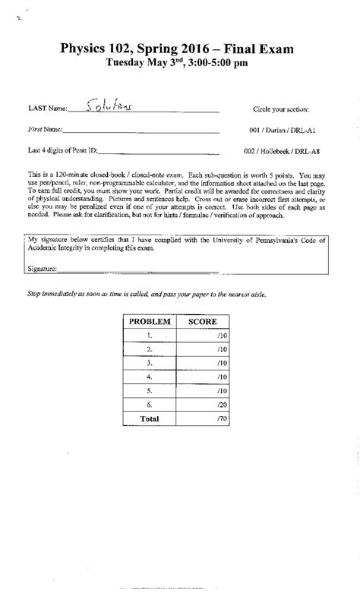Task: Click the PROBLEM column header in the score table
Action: coord(149,322)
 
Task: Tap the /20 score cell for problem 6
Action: coord(217,405)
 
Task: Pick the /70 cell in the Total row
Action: coord(217,418)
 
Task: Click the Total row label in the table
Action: coord(150,418)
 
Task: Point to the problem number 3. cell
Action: coord(150,363)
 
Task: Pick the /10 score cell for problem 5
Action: coord(217,391)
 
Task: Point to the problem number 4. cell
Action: coord(150,376)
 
